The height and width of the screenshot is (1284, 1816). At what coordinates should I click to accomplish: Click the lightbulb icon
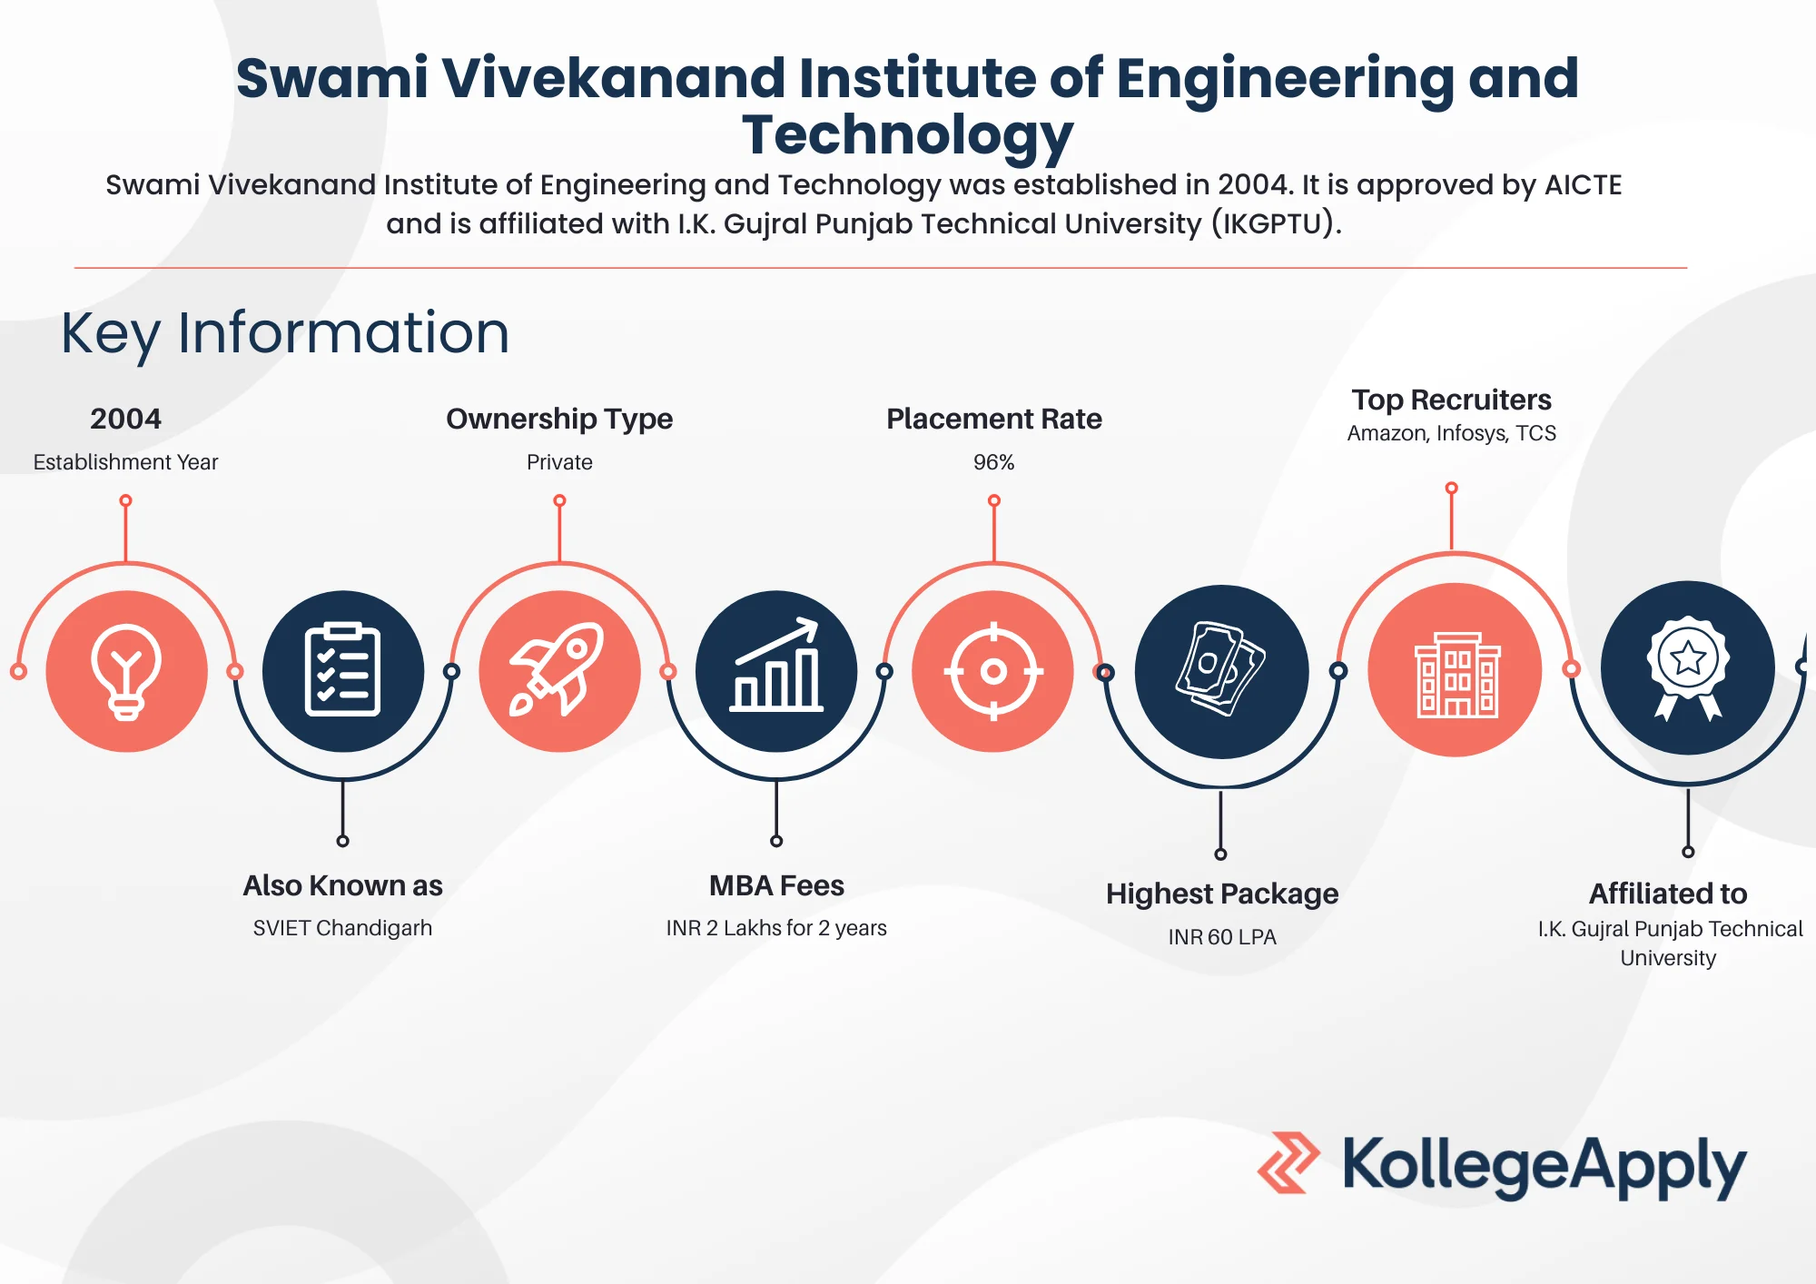pyautogui.click(x=126, y=672)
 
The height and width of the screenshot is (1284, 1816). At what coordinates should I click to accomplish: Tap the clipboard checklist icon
pyautogui.click(x=342, y=671)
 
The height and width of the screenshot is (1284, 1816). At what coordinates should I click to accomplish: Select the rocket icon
pyautogui.click(x=559, y=671)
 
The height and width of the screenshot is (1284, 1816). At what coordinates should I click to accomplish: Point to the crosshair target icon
pyautogui.click(x=993, y=672)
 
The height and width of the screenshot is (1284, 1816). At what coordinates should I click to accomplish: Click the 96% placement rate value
pyautogui.click(x=993, y=462)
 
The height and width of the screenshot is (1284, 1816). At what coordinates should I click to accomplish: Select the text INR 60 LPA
pyautogui.click(x=1221, y=936)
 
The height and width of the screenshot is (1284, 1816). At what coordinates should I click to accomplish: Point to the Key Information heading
pyautogui.click(x=285, y=332)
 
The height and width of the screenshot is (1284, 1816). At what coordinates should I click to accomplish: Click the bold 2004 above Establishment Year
pyautogui.click(x=125, y=419)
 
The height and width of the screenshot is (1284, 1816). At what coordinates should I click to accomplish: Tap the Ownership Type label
pyautogui.click(x=559, y=419)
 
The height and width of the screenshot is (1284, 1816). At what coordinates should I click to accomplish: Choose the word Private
pyautogui.click(x=559, y=462)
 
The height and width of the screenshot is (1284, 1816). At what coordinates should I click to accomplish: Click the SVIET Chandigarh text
pyautogui.click(x=342, y=928)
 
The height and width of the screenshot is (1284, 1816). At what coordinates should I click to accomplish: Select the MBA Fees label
pyautogui.click(x=776, y=885)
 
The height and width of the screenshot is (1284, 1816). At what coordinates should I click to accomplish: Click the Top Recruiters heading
pyautogui.click(x=1451, y=400)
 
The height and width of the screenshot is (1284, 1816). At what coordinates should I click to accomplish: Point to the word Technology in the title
pyautogui.click(x=907, y=134)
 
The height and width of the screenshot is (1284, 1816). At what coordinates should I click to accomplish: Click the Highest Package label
pyautogui.click(x=1221, y=894)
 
